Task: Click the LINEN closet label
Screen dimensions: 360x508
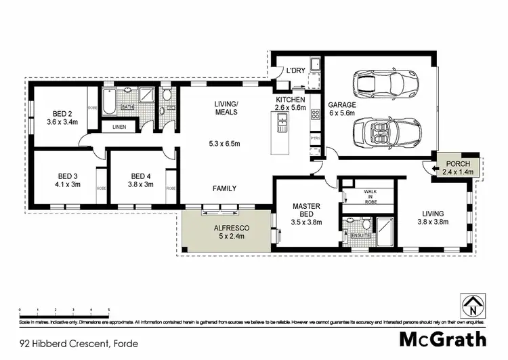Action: (119, 126)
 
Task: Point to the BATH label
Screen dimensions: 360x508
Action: (127, 106)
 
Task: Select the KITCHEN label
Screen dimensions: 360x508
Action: (291, 100)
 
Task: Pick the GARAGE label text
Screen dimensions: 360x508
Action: (341, 104)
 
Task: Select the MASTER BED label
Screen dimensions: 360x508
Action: (305, 209)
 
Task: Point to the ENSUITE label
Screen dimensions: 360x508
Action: (357, 235)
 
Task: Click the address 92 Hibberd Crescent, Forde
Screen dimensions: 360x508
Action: (79, 344)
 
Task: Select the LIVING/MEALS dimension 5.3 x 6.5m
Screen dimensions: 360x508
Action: (226, 144)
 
